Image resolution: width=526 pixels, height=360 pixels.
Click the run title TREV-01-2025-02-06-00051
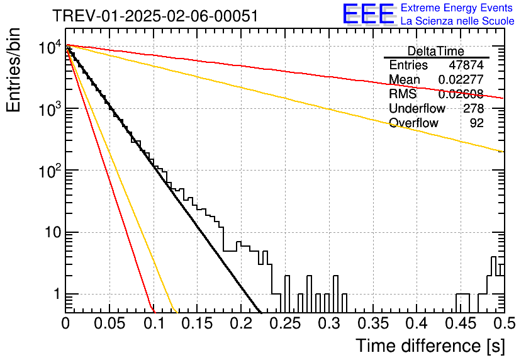155,16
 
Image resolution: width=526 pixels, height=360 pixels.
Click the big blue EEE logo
368,14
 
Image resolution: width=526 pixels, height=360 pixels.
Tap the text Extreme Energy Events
457,8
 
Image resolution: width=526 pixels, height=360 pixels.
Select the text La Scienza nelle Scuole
457,21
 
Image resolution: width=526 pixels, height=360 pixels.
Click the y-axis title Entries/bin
14,70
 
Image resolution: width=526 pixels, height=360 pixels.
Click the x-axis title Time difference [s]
430,346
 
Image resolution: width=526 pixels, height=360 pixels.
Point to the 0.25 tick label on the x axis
285,323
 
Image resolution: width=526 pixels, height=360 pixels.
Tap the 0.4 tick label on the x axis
417,323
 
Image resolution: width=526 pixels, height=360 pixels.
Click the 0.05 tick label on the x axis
109,323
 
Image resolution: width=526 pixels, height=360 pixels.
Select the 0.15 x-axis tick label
198,323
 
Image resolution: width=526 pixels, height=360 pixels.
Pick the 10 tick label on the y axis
53,232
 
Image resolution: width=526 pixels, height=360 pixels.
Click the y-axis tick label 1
57,295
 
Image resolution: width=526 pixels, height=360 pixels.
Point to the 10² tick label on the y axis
49,171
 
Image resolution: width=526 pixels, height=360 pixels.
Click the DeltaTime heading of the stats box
436,52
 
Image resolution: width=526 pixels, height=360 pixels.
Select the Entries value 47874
466,65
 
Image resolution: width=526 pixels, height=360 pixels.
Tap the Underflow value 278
473,108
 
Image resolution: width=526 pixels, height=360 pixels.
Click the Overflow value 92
477,123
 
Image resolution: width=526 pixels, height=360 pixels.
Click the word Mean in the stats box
404,79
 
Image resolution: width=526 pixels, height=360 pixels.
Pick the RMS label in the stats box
403,94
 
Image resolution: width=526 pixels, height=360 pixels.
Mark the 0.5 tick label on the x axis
504,323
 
